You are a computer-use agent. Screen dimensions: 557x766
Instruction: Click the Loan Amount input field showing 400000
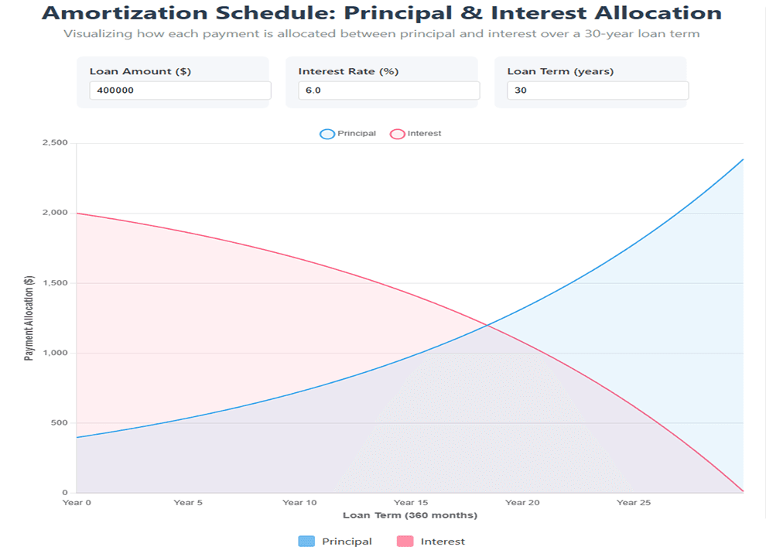[180, 91]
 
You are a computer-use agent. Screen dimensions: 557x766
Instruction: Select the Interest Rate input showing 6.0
[388, 91]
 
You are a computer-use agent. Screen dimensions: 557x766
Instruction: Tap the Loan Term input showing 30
[597, 91]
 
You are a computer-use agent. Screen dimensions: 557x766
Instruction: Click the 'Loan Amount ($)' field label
[140, 71]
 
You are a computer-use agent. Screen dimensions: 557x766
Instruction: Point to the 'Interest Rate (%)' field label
[348, 71]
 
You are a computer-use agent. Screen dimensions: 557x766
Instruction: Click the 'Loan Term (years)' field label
[560, 71]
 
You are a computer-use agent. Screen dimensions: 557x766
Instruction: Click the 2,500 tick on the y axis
[55, 143]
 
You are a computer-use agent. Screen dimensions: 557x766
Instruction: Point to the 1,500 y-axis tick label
[55, 283]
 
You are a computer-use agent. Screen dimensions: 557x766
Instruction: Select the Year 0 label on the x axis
[77, 503]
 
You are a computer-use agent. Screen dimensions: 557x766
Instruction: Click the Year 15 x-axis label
[411, 503]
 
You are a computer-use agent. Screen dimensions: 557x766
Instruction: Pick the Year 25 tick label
[633, 503]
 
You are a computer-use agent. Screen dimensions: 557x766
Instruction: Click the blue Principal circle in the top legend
[327, 134]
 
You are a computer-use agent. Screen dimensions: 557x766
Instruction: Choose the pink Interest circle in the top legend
[398, 134]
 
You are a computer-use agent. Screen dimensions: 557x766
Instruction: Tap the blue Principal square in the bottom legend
[306, 542]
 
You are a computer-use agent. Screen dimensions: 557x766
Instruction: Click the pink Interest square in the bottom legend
[405, 542]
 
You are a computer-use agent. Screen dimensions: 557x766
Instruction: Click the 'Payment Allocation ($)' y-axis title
[29, 318]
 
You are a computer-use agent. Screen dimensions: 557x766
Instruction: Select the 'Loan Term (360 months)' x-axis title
[410, 515]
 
